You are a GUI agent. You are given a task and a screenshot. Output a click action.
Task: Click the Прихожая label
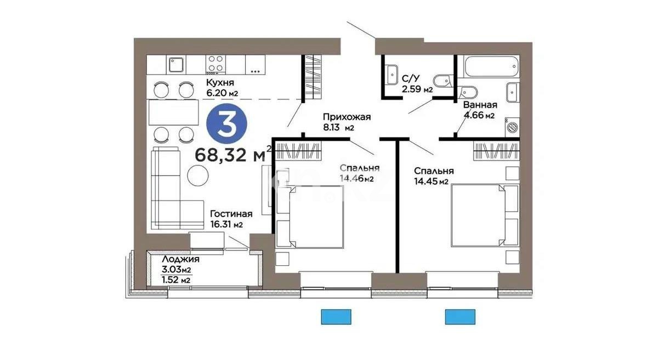click(347, 117)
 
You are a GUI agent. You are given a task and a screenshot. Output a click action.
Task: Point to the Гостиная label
click(231, 214)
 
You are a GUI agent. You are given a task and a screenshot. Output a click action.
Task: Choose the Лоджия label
click(180, 260)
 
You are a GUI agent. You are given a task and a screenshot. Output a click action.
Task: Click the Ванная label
click(480, 105)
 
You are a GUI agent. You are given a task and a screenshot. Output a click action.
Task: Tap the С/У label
click(411, 78)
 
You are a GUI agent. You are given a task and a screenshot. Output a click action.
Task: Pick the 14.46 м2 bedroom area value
click(356, 178)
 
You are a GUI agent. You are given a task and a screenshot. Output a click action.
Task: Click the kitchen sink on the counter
click(177, 65)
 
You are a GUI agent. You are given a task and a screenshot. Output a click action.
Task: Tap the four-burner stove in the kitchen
click(215, 64)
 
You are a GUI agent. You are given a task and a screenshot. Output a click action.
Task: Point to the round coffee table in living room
click(198, 175)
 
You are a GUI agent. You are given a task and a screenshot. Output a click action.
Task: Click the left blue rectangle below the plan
click(336, 317)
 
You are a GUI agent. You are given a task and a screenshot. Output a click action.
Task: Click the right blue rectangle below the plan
click(460, 317)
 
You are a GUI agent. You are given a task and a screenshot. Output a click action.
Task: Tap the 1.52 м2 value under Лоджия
click(176, 280)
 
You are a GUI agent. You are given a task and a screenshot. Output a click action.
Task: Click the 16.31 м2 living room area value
click(226, 224)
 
